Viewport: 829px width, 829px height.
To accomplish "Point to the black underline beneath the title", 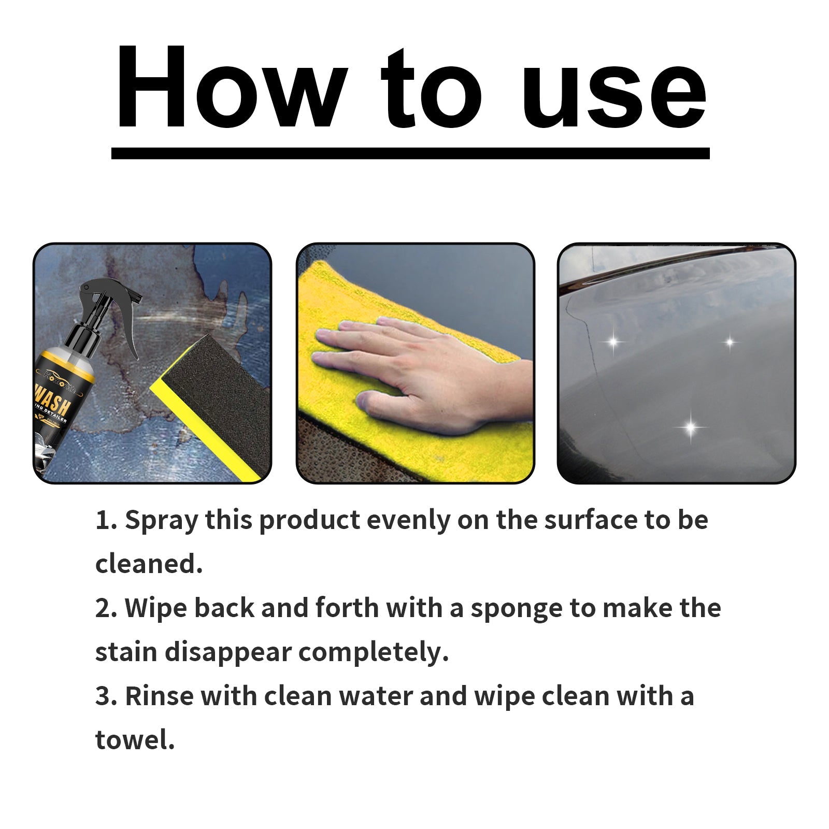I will [410, 153].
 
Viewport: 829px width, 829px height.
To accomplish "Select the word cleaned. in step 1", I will [149, 564].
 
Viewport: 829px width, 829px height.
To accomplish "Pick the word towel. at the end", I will [135, 740].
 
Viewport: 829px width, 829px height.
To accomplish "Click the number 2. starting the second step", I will [106, 608].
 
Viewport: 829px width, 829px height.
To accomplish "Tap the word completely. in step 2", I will [373, 653].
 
